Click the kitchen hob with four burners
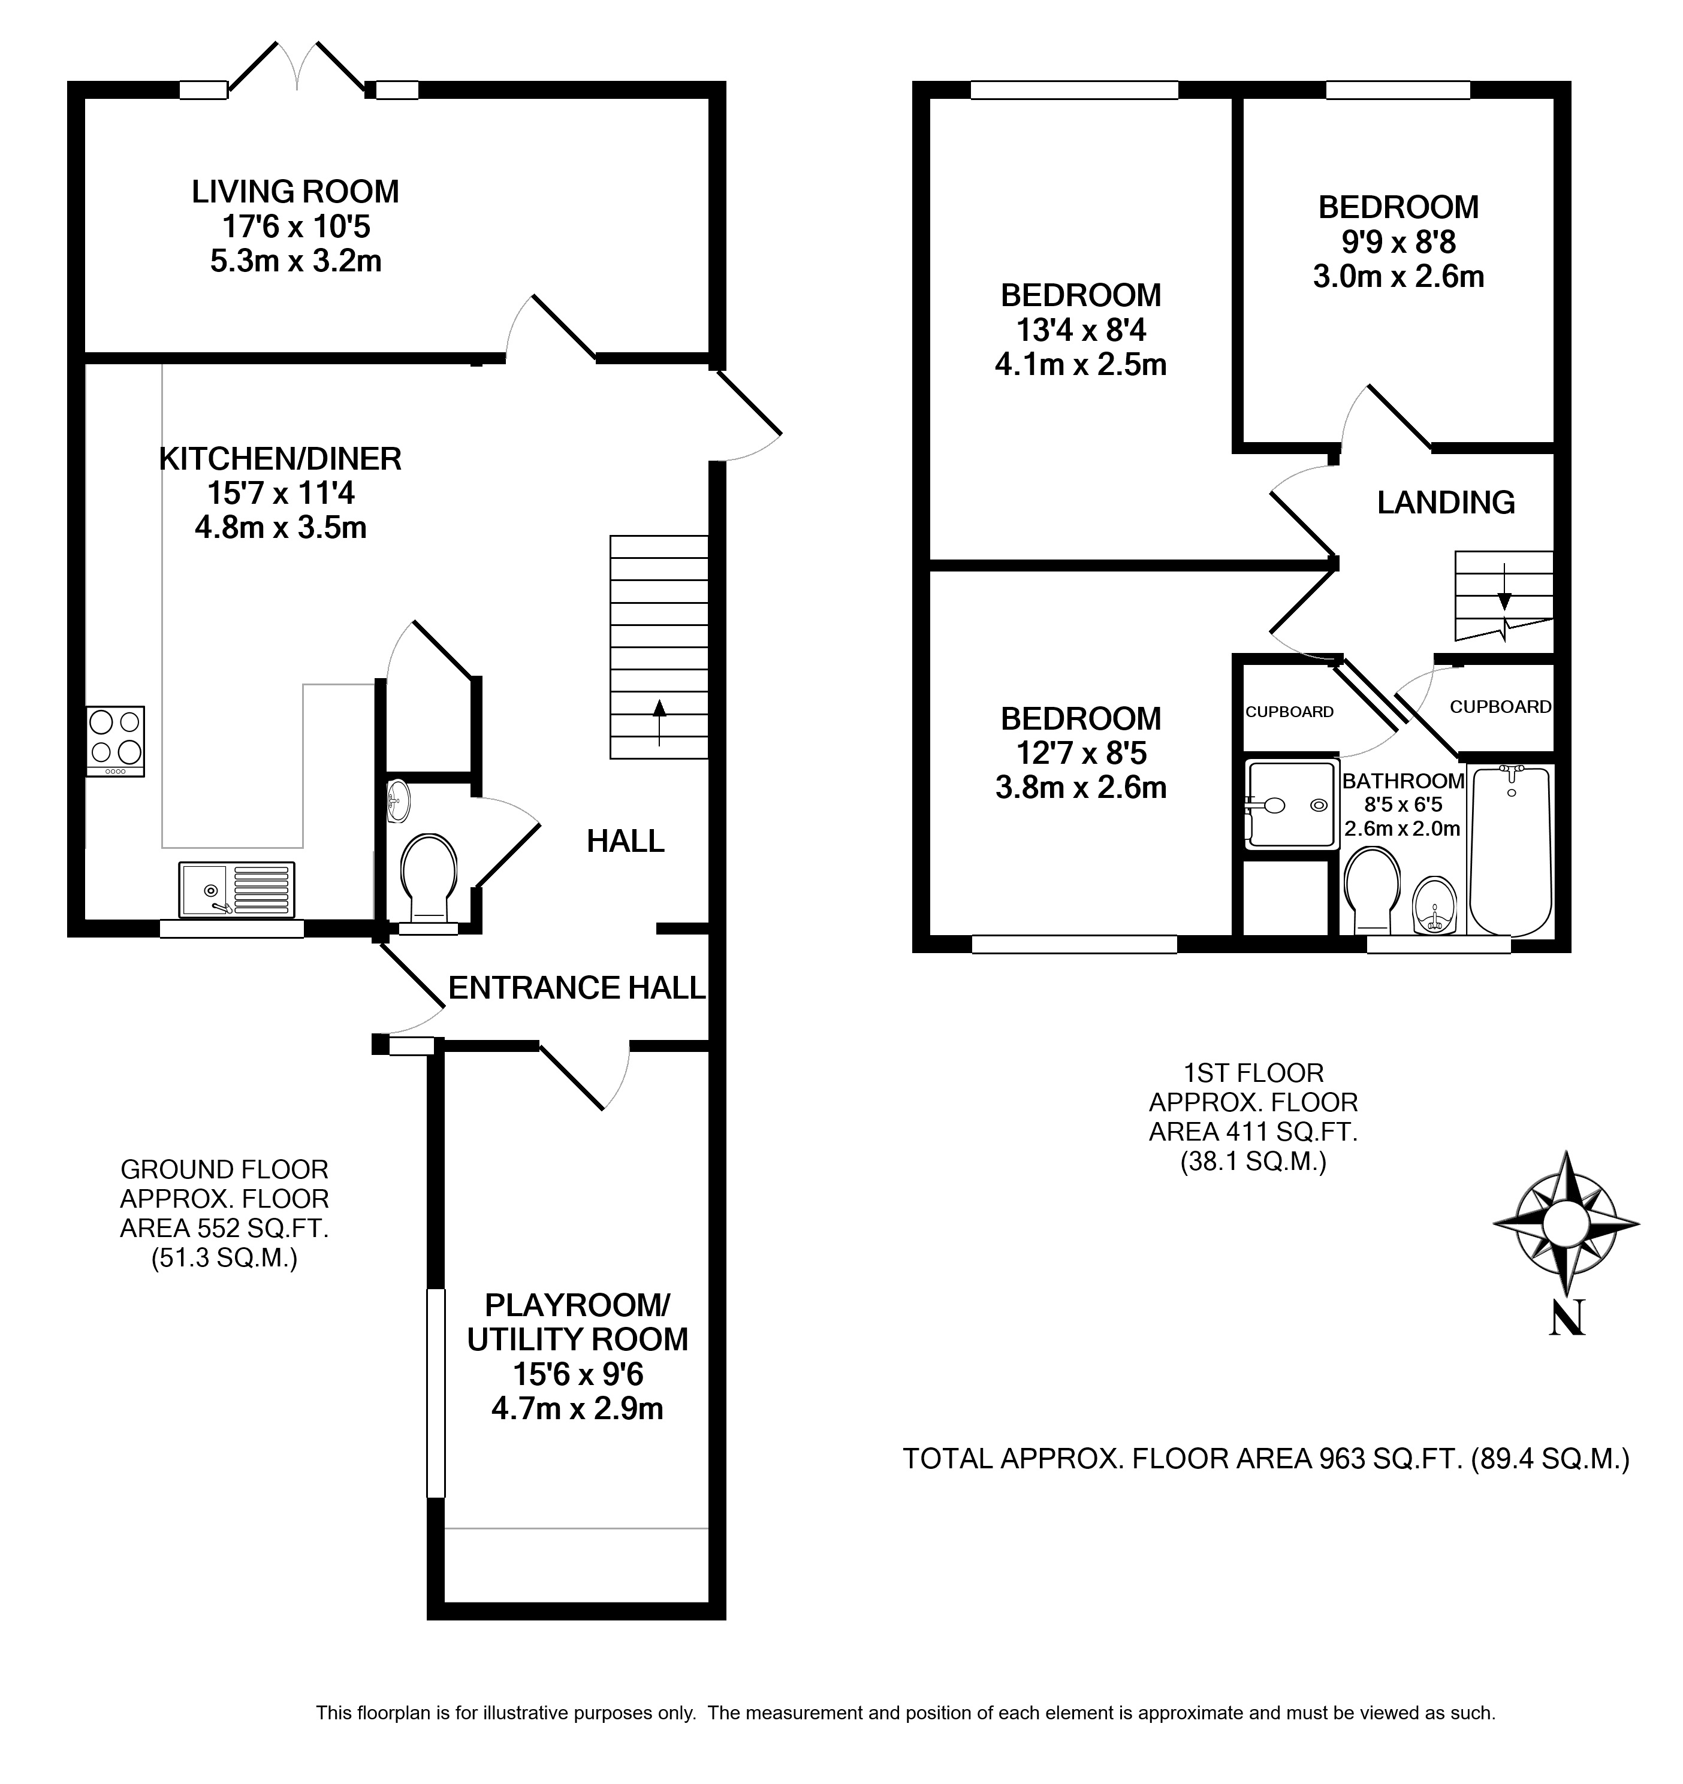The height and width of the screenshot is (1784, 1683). (115, 741)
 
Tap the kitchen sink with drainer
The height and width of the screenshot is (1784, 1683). (237, 890)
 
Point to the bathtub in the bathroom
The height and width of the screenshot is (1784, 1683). (1510, 851)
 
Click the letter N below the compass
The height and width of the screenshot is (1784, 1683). (1567, 1317)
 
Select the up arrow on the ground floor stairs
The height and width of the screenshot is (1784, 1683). (660, 722)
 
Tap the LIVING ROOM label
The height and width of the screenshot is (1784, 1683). (295, 191)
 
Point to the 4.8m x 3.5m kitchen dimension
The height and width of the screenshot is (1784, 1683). (281, 527)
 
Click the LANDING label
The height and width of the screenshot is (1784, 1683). (1446, 503)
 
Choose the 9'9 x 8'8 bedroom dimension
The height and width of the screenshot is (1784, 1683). (1398, 241)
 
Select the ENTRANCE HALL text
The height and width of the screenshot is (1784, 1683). (576, 988)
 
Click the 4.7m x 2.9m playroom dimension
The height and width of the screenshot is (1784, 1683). (577, 1408)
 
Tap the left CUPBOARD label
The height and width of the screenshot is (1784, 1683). (1289, 712)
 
